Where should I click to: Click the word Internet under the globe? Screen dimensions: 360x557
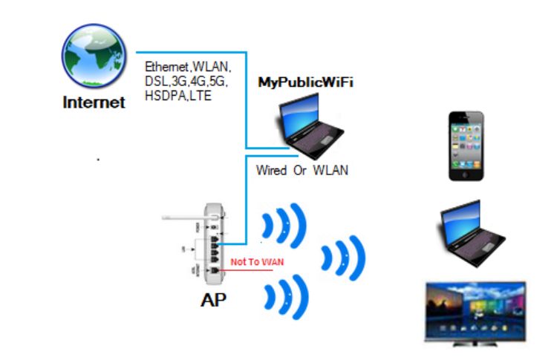point(94,102)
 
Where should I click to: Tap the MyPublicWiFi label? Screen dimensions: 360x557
point(304,82)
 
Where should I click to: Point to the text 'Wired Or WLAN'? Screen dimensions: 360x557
point(302,171)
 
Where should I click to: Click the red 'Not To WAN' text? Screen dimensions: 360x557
point(257,262)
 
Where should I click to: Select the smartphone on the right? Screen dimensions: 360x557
point(466,146)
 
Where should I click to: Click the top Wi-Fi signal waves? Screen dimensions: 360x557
point(284,224)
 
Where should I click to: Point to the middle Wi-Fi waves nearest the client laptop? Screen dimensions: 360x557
point(344,257)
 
